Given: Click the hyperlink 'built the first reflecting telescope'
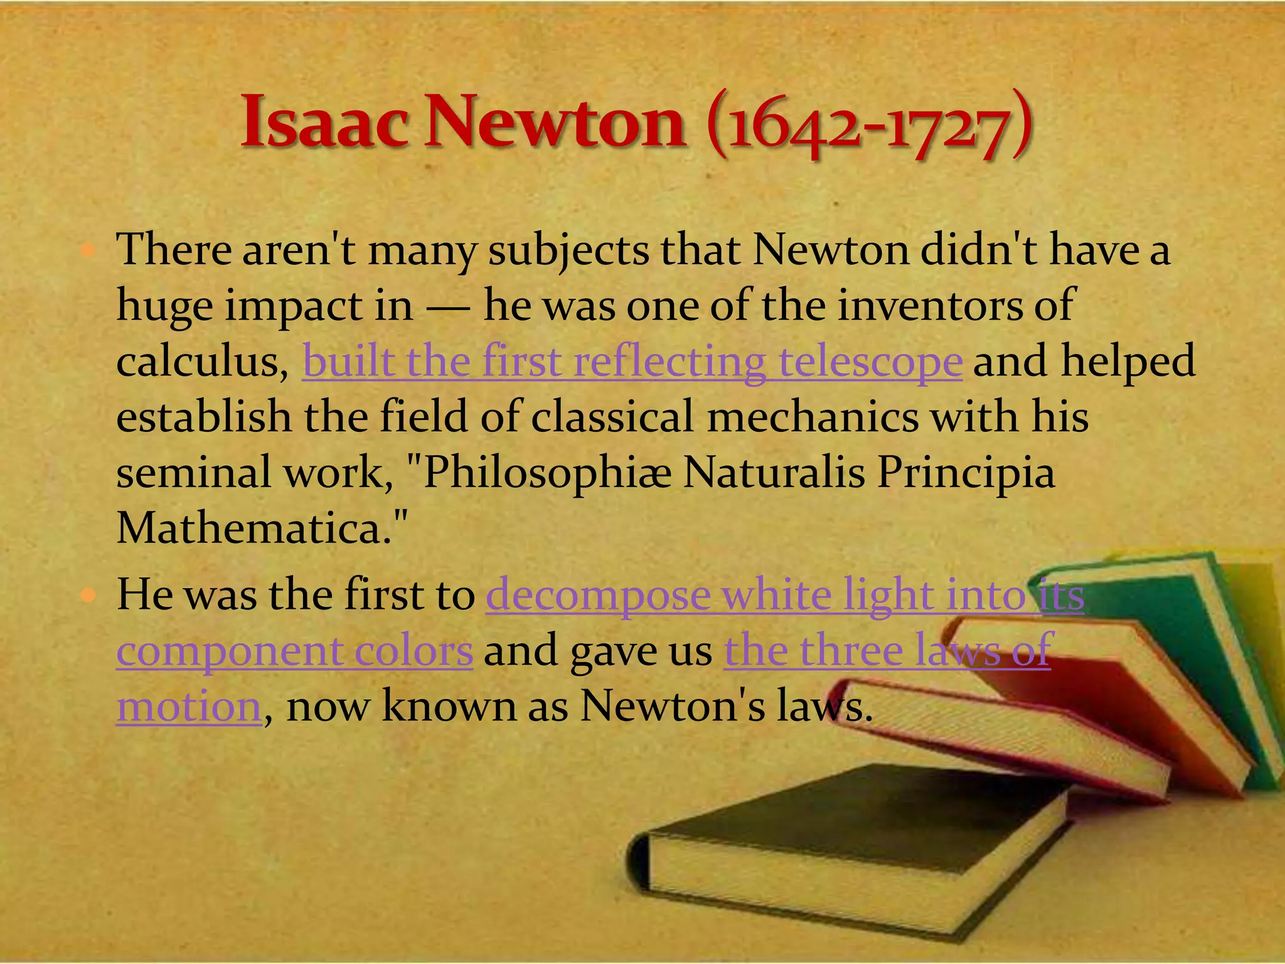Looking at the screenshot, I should [632, 362].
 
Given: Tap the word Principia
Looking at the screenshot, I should [966, 473].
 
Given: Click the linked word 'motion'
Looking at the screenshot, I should [189, 707].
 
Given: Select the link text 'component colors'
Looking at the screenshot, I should [295, 651].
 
